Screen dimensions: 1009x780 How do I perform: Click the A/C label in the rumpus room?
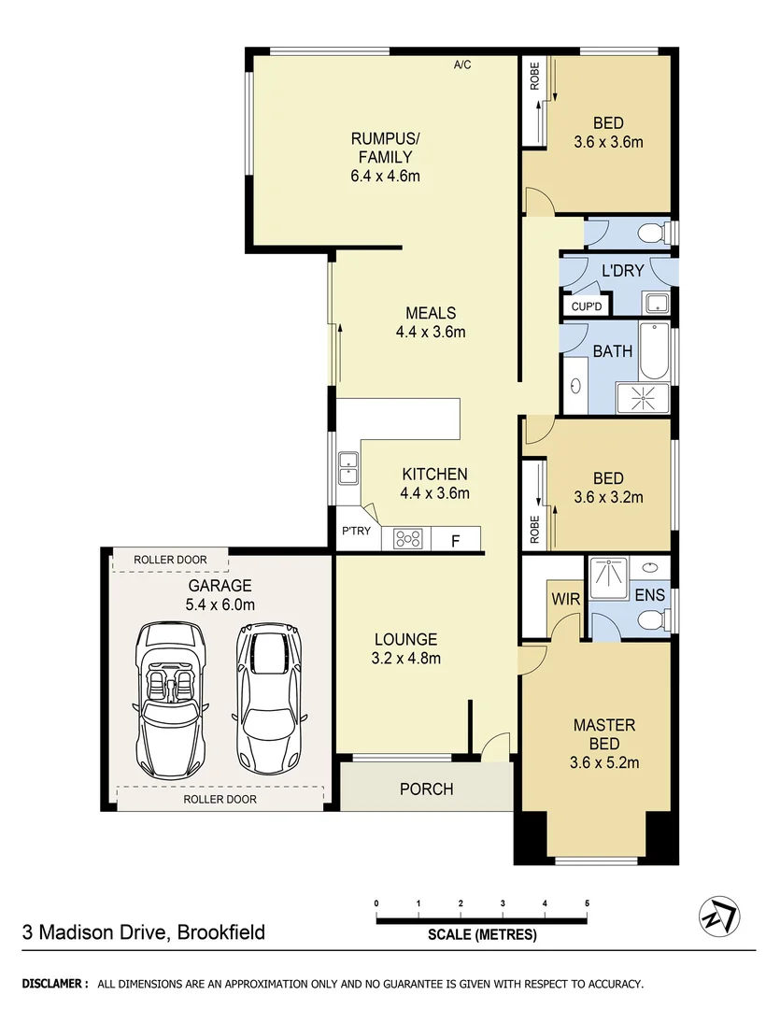[461, 65]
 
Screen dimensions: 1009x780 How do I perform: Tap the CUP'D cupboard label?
[586, 306]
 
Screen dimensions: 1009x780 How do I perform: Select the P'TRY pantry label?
[355, 532]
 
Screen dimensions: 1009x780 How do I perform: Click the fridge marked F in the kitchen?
[455, 539]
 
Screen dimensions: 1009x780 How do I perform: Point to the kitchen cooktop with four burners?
[409, 538]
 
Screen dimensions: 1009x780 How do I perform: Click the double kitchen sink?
[348, 466]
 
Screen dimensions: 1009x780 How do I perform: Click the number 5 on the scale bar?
[587, 903]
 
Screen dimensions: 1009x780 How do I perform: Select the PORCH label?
[426, 789]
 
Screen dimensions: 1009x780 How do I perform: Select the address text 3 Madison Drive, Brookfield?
[144, 931]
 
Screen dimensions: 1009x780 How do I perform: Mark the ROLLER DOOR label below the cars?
[220, 800]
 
